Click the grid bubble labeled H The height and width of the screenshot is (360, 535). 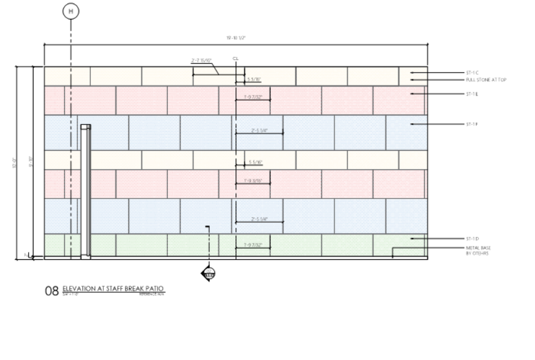[x=71, y=11]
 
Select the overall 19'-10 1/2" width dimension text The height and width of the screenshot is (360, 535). [x=235, y=38]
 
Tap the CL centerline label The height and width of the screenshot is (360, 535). [x=235, y=59]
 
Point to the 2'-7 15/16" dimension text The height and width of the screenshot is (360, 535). [x=201, y=60]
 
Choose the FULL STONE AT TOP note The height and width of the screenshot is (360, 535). [x=486, y=80]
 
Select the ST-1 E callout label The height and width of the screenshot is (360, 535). [x=473, y=94]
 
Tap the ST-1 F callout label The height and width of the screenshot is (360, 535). [x=473, y=124]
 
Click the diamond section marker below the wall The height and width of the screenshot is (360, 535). [x=209, y=274]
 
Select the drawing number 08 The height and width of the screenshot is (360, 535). [x=51, y=291]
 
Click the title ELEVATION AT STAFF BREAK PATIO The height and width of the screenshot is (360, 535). [x=113, y=289]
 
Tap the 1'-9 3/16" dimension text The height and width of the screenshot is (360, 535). [x=252, y=181]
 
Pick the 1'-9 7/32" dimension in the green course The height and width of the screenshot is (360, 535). [x=252, y=245]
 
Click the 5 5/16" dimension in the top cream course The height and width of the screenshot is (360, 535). [x=254, y=79]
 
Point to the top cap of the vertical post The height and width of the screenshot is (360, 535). [x=85, y=127]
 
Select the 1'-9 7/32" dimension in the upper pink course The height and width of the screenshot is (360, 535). [x=252, y=96]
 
